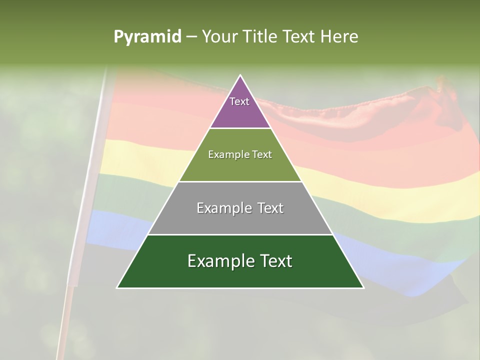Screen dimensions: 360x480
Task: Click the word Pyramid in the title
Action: click(x=147, y=37)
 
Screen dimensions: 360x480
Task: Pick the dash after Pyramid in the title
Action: click(x=191, y=37)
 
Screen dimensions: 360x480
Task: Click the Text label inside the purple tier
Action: click(x=239, y=101)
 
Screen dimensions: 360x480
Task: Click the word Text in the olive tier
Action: click(x=262, y=155)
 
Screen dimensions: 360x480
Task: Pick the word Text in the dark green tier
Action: click(x=276, y=261)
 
